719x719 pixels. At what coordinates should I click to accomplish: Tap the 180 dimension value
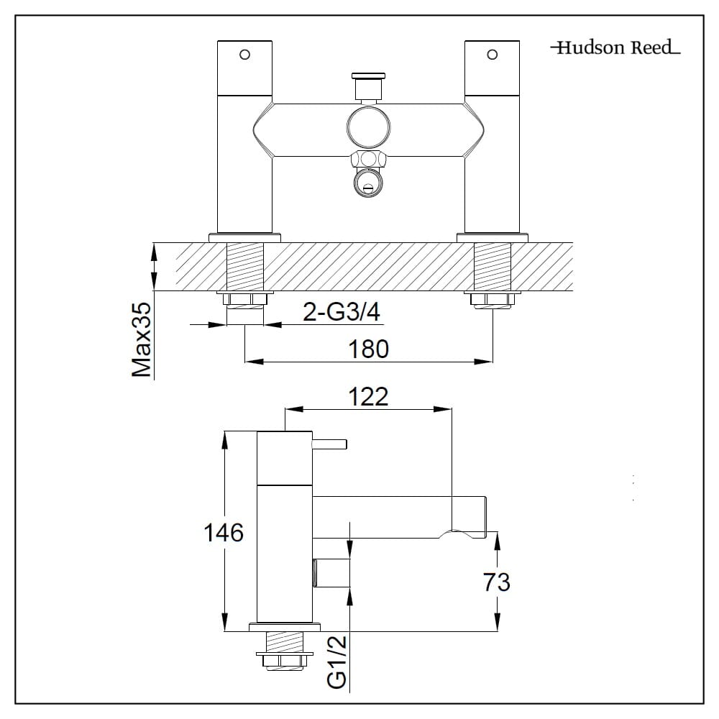pyautogui.click(x=368, y=349)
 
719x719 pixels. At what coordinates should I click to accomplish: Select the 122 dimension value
pyautogui.click(x=369, y=396)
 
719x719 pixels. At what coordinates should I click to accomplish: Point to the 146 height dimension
pyautogui.click(x=223, y=533)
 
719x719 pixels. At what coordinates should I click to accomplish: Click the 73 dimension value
pyautogui.click(x=497, y=582)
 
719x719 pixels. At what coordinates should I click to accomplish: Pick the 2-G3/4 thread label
pyautogui.click(x=342, y=313)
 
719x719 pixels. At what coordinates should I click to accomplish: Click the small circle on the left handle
pyautogui.click(x=244, y=55)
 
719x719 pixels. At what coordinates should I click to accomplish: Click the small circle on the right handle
pyautogui.click(x=493, y=55)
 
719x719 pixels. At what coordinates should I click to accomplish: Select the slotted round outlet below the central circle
pyautogui.click(x=369, y=185)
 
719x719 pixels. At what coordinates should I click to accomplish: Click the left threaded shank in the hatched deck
pyautogui.click(x=245, y=267)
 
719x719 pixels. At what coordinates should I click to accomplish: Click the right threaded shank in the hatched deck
pyautogui.click(x=493, y=267)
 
